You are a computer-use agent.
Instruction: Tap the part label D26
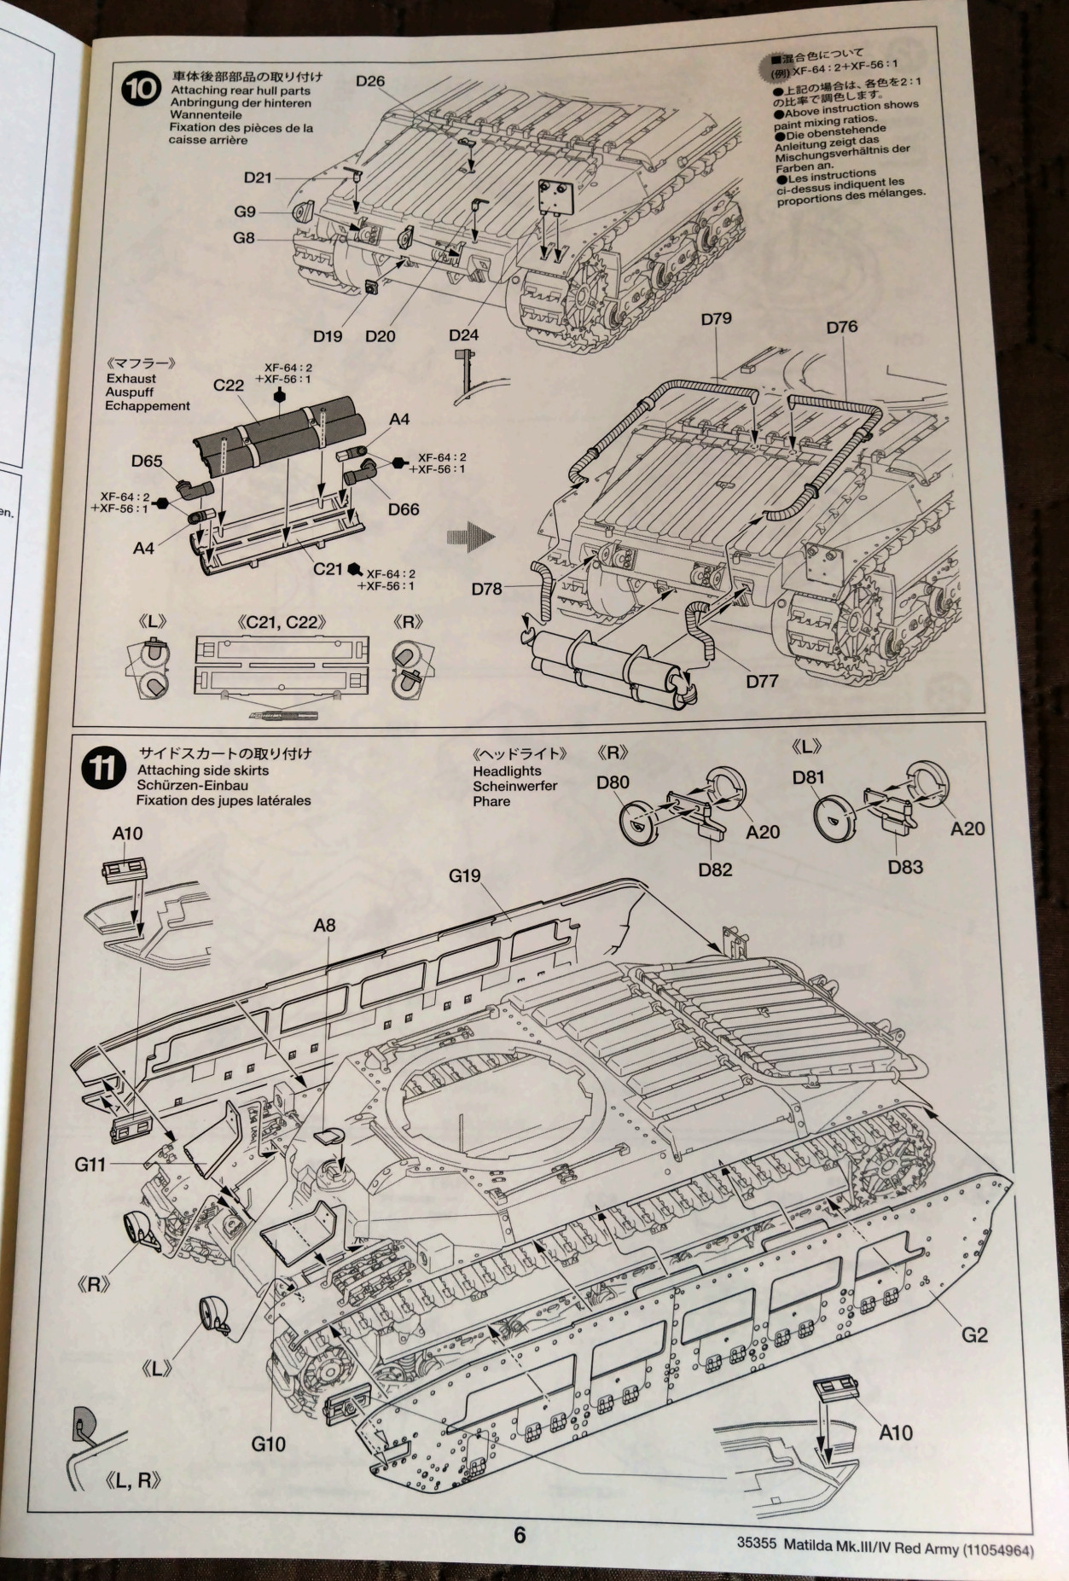(x=370, y=81)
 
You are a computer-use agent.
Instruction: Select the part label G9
(x=245, y=212)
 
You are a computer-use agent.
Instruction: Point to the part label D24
(x=463, y=335)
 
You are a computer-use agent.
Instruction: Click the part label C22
(x=229, y=385)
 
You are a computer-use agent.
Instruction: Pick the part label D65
(x=147, y=461)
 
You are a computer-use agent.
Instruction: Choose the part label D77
(x=762, y=681)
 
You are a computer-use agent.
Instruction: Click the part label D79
(x=716, y=318)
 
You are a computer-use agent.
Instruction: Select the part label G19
(x=464, y=875)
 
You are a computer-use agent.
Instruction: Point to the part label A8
(x=324, y=925)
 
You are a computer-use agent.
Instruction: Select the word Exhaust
(x=131, y=378)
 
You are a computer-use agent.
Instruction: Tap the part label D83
(x=905, y=867)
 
